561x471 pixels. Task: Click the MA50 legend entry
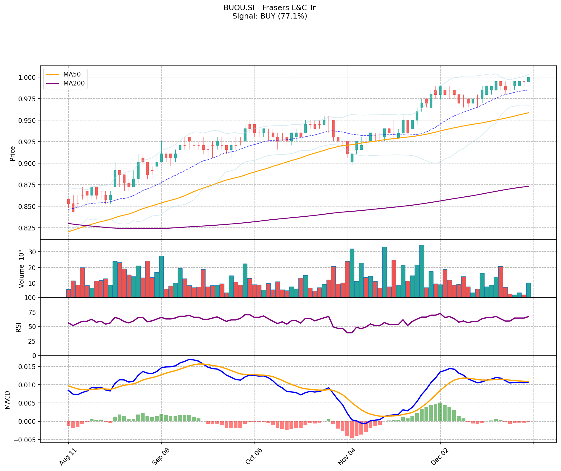pyautogui.click(x=71, y=74)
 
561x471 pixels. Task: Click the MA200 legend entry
pyautogui.click(x=73, y=83)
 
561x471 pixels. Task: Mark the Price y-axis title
pyautogui.click(x=13, y=153)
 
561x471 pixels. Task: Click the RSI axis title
pyautogui.click(x=19, y=327)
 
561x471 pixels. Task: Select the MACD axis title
pyautogui.click(x=7, y=400)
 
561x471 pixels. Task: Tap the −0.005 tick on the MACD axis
pyautogui.click(x=27, y=440)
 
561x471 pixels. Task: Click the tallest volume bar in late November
pyautogui.click(x=421, y=271)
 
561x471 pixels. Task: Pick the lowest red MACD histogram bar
pyautogui.click(x=352, y=430)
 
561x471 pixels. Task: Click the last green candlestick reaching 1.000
pyautogui.click(x=528, y=79)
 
